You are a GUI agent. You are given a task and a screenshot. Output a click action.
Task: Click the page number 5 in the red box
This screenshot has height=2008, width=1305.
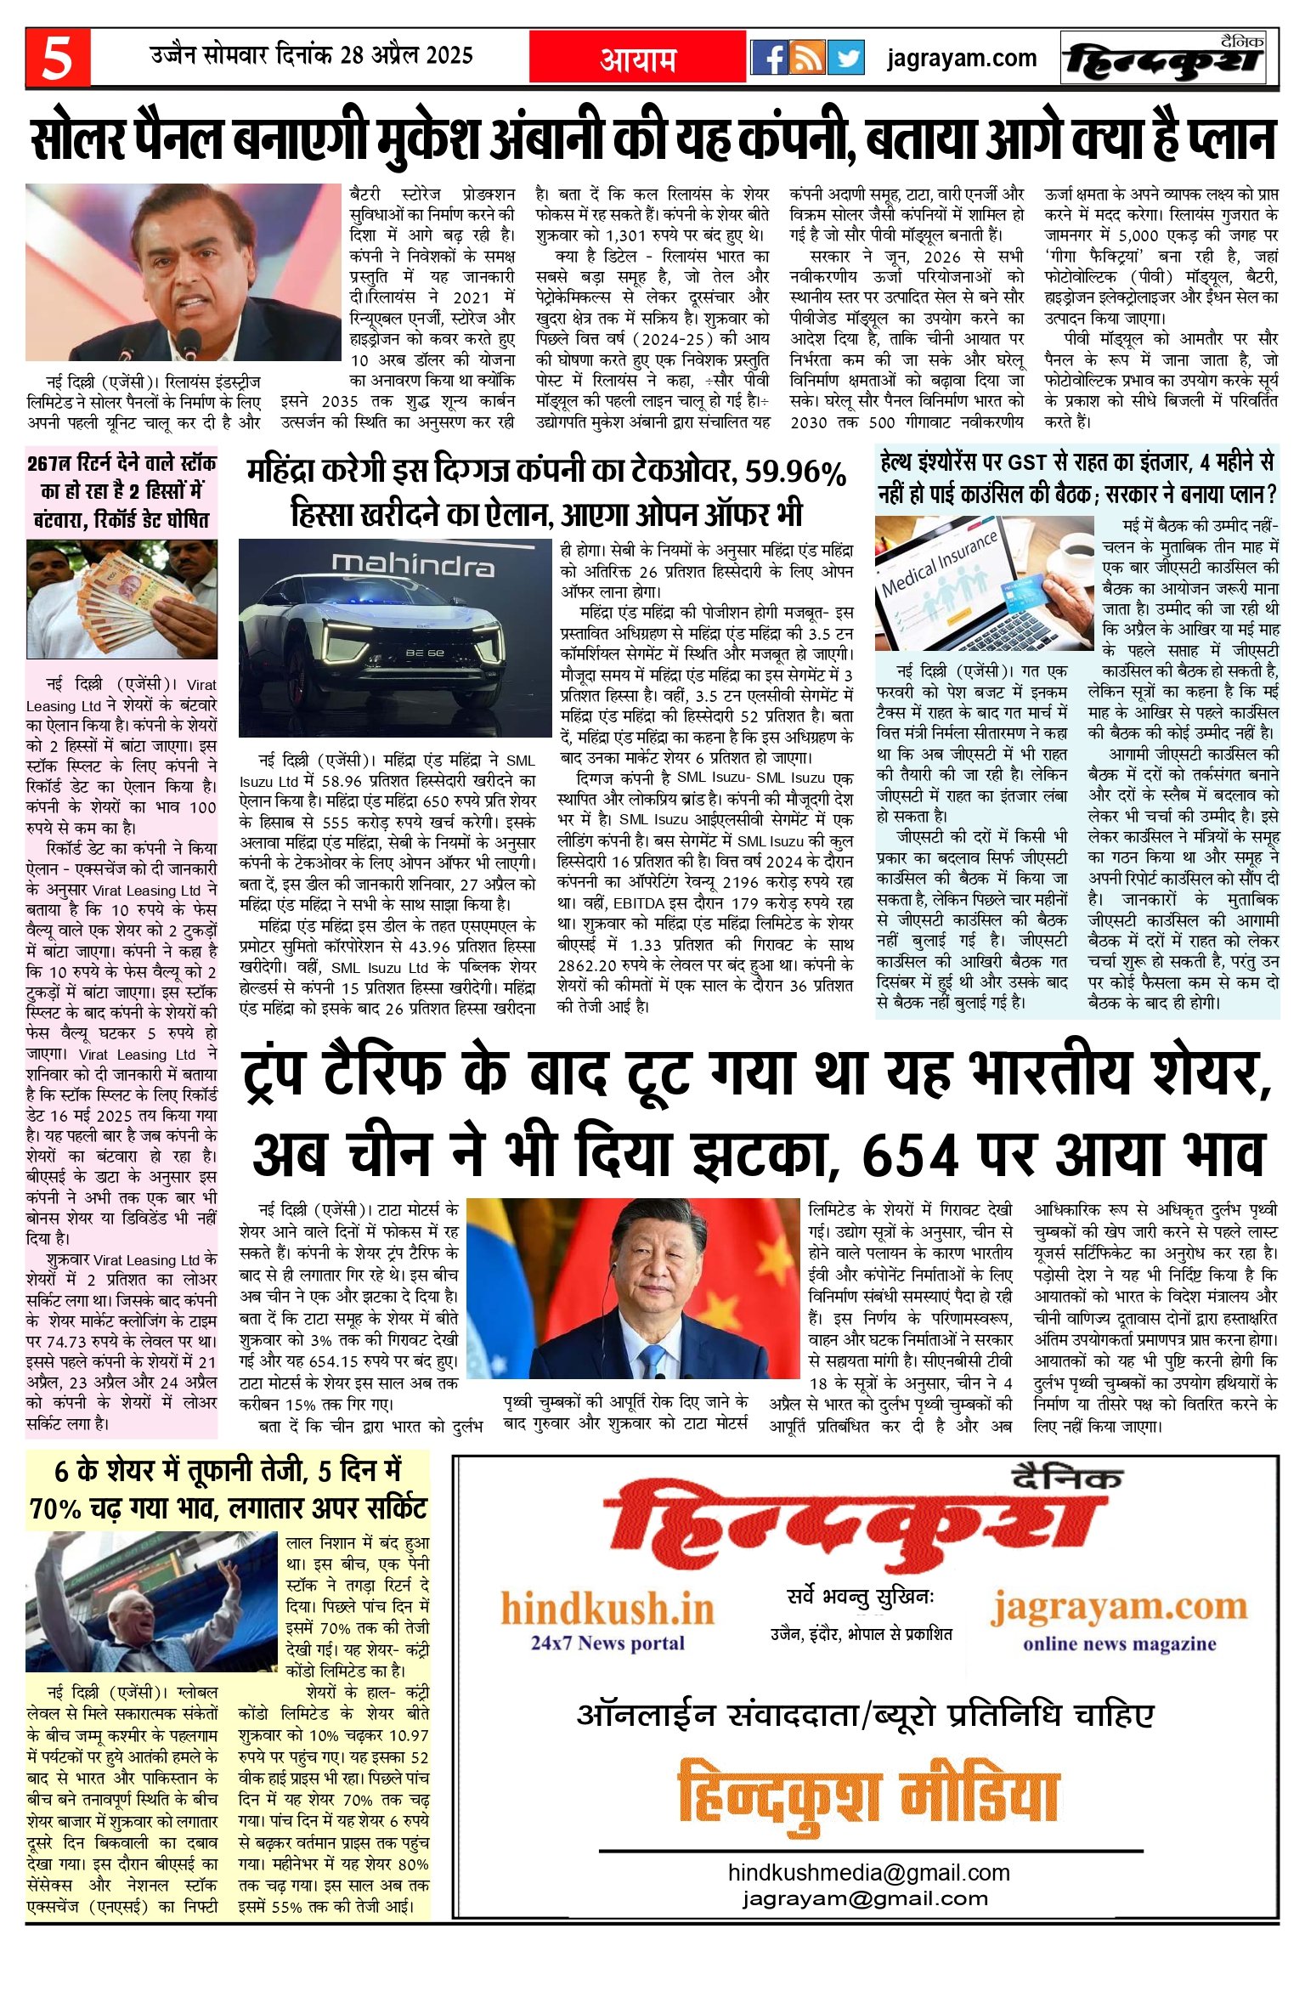click(57, 57)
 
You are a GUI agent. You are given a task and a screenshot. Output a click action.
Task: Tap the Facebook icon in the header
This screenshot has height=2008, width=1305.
click(770, 58)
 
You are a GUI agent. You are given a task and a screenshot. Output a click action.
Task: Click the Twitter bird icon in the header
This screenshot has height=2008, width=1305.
click(845, 58)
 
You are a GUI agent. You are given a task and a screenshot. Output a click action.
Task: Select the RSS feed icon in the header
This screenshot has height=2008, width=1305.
click(807, 58)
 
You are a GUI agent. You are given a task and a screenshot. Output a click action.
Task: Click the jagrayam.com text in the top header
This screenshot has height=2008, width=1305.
click(962, 58)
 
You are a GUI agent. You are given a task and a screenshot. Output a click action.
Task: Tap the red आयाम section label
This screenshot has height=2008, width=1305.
click(637, 59)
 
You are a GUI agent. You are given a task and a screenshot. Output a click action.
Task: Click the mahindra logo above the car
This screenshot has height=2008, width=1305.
click(412, 563)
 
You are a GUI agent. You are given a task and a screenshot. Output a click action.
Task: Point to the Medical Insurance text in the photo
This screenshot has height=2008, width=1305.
click(939, 564)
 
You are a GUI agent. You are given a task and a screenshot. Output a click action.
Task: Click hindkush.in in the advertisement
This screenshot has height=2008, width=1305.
click(607, 1609)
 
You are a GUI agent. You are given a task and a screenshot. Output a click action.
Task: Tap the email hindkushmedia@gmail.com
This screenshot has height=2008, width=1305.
click(868, 1872)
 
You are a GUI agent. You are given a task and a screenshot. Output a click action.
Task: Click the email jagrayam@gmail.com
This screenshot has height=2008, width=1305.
click(865, 1898)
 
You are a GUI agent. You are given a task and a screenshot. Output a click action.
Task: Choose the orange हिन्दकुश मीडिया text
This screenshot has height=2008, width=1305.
click(867, 1796)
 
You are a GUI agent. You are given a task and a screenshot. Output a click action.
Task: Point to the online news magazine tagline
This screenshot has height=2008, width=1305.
click(1119, 1643)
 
